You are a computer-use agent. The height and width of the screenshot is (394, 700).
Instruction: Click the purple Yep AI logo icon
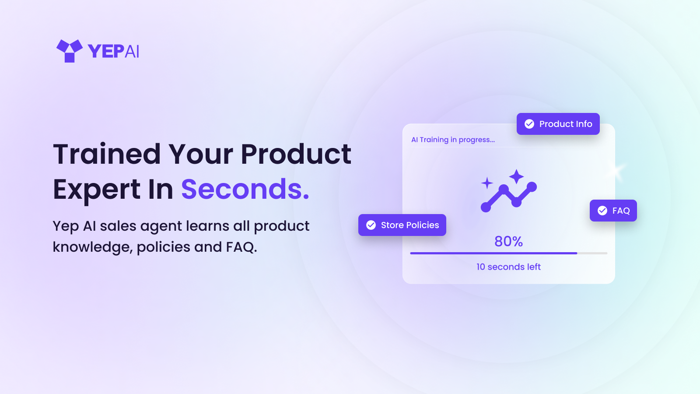point(70,51)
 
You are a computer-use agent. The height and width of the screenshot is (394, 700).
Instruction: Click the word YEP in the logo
point(105,51)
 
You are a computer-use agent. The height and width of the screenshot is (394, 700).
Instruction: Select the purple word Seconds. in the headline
point(245,189)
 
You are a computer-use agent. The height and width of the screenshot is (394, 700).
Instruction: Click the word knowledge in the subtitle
point(93,247)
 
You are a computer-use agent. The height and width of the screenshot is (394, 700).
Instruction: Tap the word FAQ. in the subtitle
point(241,247)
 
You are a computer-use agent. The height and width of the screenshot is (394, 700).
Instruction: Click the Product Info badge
point(558,124)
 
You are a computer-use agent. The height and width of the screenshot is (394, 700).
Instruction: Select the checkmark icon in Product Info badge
point(529,124)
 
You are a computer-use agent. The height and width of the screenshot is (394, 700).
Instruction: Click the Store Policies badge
point(402,225)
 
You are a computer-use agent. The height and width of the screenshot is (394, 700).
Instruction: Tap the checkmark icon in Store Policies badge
point(371,225)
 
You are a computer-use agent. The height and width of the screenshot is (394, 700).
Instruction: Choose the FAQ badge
point(613,211)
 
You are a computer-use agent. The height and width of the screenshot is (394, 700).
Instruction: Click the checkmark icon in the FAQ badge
point(602,211)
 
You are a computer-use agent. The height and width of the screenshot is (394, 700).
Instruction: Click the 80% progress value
point(509,241)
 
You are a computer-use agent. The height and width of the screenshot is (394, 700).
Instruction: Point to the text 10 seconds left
point(508,267)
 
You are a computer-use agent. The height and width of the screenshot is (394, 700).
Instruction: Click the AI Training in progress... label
point(453,140)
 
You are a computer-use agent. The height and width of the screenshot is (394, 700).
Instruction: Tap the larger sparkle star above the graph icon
point(516,176)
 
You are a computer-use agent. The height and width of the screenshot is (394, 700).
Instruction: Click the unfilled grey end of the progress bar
point(592,253)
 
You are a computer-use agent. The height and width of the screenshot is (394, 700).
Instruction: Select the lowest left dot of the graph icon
point(486,207)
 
